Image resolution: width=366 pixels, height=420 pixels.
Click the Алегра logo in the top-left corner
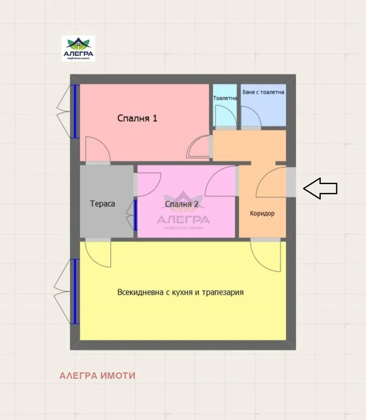coord(78,49)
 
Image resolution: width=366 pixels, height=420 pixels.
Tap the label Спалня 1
coord(137,118)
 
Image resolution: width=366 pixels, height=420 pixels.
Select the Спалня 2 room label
coord(182,204)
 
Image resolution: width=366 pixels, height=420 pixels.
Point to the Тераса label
coord(102,204)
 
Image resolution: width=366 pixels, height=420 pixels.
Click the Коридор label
coord(262,213)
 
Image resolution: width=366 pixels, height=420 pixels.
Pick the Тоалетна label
coord(225,98)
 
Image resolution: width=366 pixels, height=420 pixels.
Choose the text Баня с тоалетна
coord(263,92)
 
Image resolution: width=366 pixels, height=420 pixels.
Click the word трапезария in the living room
coord(223,292)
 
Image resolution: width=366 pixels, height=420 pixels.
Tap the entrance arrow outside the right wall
coord(320,188)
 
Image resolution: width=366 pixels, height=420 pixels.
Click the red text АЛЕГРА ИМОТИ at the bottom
coord(97,376)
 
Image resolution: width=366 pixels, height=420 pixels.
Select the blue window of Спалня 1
coord(75,111)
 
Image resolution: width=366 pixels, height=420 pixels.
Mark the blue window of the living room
coord(75,291)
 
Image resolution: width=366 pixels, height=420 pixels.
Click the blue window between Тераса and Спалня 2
coord(135,215)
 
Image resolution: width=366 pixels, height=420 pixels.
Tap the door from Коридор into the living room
coord(266,255)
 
